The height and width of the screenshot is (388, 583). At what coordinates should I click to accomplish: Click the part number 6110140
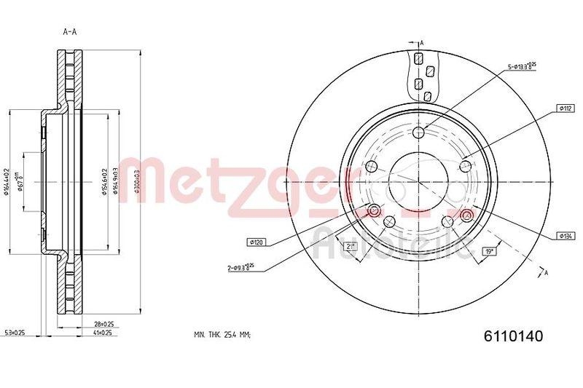514,336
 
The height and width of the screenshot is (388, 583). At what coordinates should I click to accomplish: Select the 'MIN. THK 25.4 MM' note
222,336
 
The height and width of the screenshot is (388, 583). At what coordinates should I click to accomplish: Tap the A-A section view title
71,31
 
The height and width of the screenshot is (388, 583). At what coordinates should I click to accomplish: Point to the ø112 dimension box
565,108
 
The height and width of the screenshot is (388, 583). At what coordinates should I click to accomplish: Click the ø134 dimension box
565,235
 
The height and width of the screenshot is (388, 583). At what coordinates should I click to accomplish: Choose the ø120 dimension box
257,241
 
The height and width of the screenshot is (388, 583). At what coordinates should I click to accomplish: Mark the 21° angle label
350,248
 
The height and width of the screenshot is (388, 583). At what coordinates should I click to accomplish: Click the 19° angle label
490,251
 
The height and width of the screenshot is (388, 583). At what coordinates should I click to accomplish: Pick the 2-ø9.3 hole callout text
240,268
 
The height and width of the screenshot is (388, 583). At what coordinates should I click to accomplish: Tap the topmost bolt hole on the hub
420,133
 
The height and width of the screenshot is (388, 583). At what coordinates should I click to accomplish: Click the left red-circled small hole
374,211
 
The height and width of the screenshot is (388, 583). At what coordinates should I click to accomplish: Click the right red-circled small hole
466,214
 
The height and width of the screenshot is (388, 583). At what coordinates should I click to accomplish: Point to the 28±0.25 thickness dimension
103,323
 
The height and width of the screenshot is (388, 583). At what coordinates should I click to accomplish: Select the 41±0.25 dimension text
103,333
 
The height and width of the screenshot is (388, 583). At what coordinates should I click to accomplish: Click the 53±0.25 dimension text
16,333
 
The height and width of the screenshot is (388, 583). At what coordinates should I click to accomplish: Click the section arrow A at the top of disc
420,43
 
